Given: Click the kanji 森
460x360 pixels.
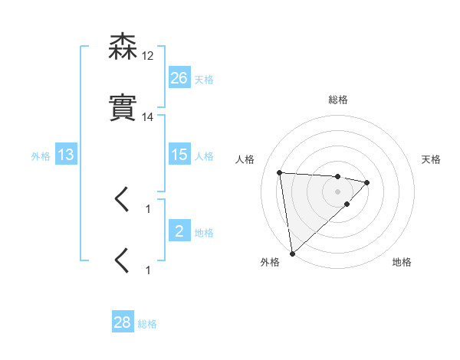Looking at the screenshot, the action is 123,47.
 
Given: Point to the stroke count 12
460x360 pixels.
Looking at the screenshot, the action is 148,56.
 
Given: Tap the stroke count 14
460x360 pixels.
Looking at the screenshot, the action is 148,117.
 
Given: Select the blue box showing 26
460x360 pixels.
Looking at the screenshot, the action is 179,77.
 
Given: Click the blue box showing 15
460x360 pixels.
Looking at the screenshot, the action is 179,155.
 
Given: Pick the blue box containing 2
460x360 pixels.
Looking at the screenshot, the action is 179,231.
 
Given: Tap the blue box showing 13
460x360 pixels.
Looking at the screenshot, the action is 66,155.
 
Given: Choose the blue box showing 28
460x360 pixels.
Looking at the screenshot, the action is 123,322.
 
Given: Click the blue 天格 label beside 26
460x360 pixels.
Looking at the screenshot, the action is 204,79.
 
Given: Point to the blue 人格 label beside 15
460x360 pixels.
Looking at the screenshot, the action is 204,156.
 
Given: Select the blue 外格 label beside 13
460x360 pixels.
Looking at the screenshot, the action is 41,156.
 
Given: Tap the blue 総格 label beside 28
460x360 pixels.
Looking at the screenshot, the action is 147,324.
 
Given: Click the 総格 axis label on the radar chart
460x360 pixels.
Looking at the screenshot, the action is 337,100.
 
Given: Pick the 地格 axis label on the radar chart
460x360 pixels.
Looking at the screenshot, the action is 402,262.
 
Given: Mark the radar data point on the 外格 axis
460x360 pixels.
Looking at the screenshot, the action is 291,253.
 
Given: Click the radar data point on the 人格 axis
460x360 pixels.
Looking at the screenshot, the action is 280,172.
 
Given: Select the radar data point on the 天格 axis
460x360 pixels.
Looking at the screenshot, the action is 367,182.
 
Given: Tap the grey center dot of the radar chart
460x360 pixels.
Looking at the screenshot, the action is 337,191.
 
